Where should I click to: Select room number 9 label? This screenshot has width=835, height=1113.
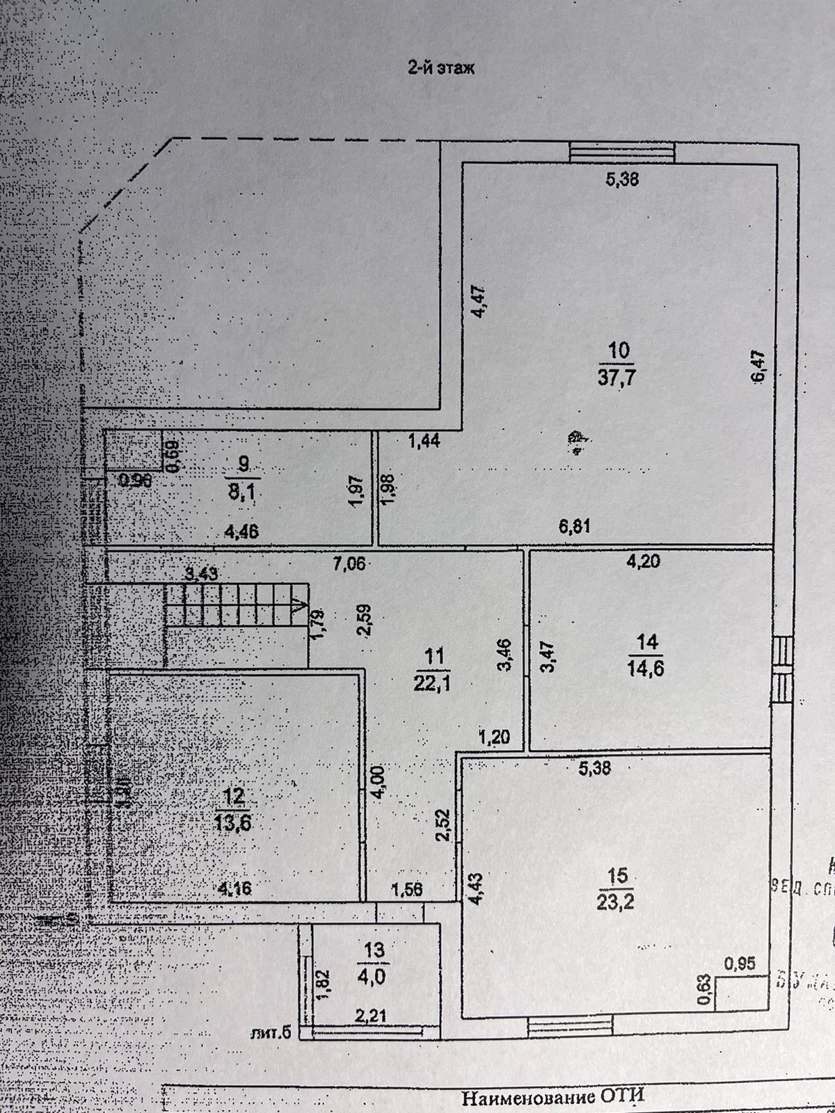(243, 463)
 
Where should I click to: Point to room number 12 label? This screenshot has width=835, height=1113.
(233, 794)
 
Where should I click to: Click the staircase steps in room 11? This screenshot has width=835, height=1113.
(237, 604)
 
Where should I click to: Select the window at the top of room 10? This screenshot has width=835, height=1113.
(621, 152)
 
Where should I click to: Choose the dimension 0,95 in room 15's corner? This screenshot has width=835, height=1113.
(740, 963)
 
